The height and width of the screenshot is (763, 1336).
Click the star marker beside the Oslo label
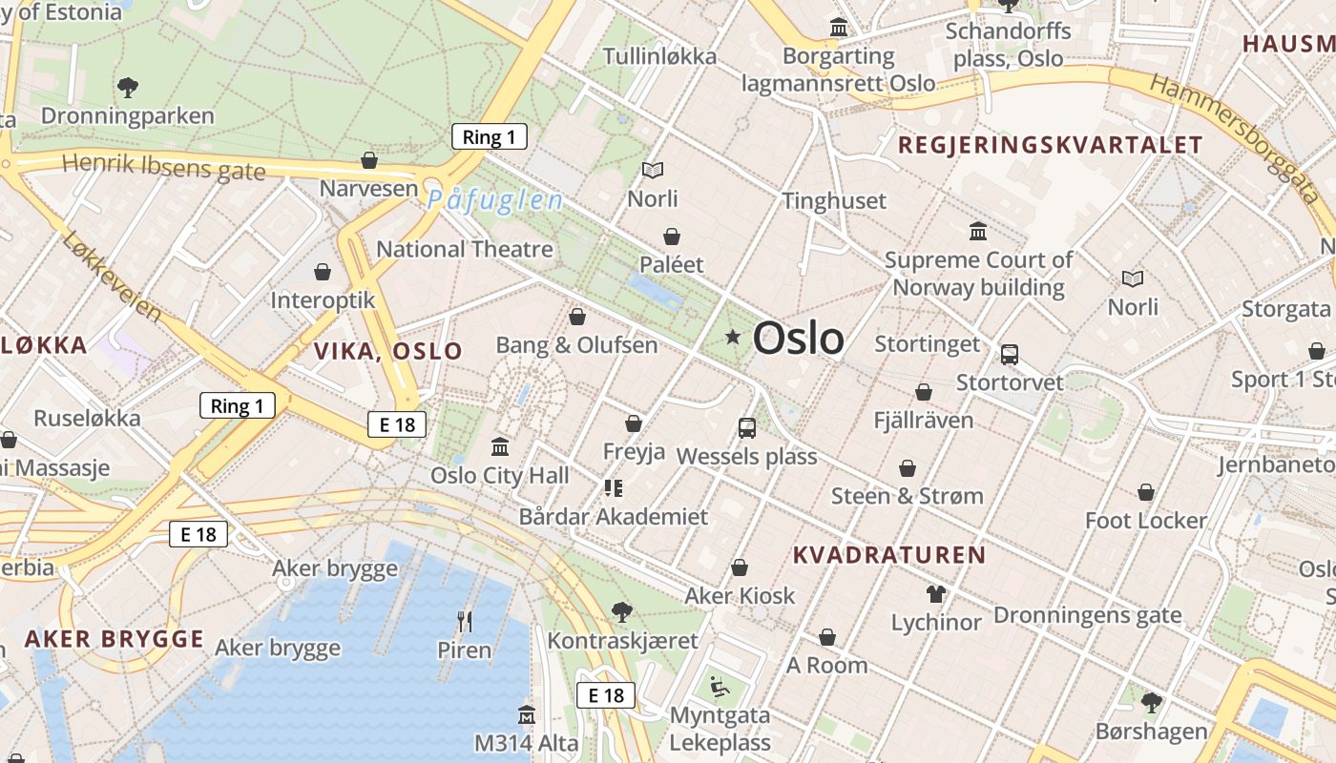point(733,337)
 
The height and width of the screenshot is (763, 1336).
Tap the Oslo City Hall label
point(499,475)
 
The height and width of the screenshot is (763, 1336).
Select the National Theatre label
point(464,250)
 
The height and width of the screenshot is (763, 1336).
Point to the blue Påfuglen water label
point(494,200)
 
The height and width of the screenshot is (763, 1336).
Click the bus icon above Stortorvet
point(1010,355)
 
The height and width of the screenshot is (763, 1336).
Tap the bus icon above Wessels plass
point(747,428)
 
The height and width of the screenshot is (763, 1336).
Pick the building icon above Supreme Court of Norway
point(978,232)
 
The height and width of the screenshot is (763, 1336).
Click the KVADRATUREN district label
point(888,555)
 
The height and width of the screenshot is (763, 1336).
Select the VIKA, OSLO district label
point(387,351)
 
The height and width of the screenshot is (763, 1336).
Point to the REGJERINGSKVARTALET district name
point(1050,146)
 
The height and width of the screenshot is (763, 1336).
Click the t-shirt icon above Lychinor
point(935,594)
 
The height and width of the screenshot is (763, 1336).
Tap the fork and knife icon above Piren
point(465,622)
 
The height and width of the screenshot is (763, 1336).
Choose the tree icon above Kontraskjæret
point(622,611)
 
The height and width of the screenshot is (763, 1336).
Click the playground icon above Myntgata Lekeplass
point(720,687)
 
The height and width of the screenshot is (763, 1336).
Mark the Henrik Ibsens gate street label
point(163,166)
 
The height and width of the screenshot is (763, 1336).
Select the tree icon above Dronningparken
point(128,88)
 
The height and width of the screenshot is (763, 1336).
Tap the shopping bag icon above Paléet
point(672,237)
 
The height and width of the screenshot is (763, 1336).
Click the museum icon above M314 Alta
point(526,714)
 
